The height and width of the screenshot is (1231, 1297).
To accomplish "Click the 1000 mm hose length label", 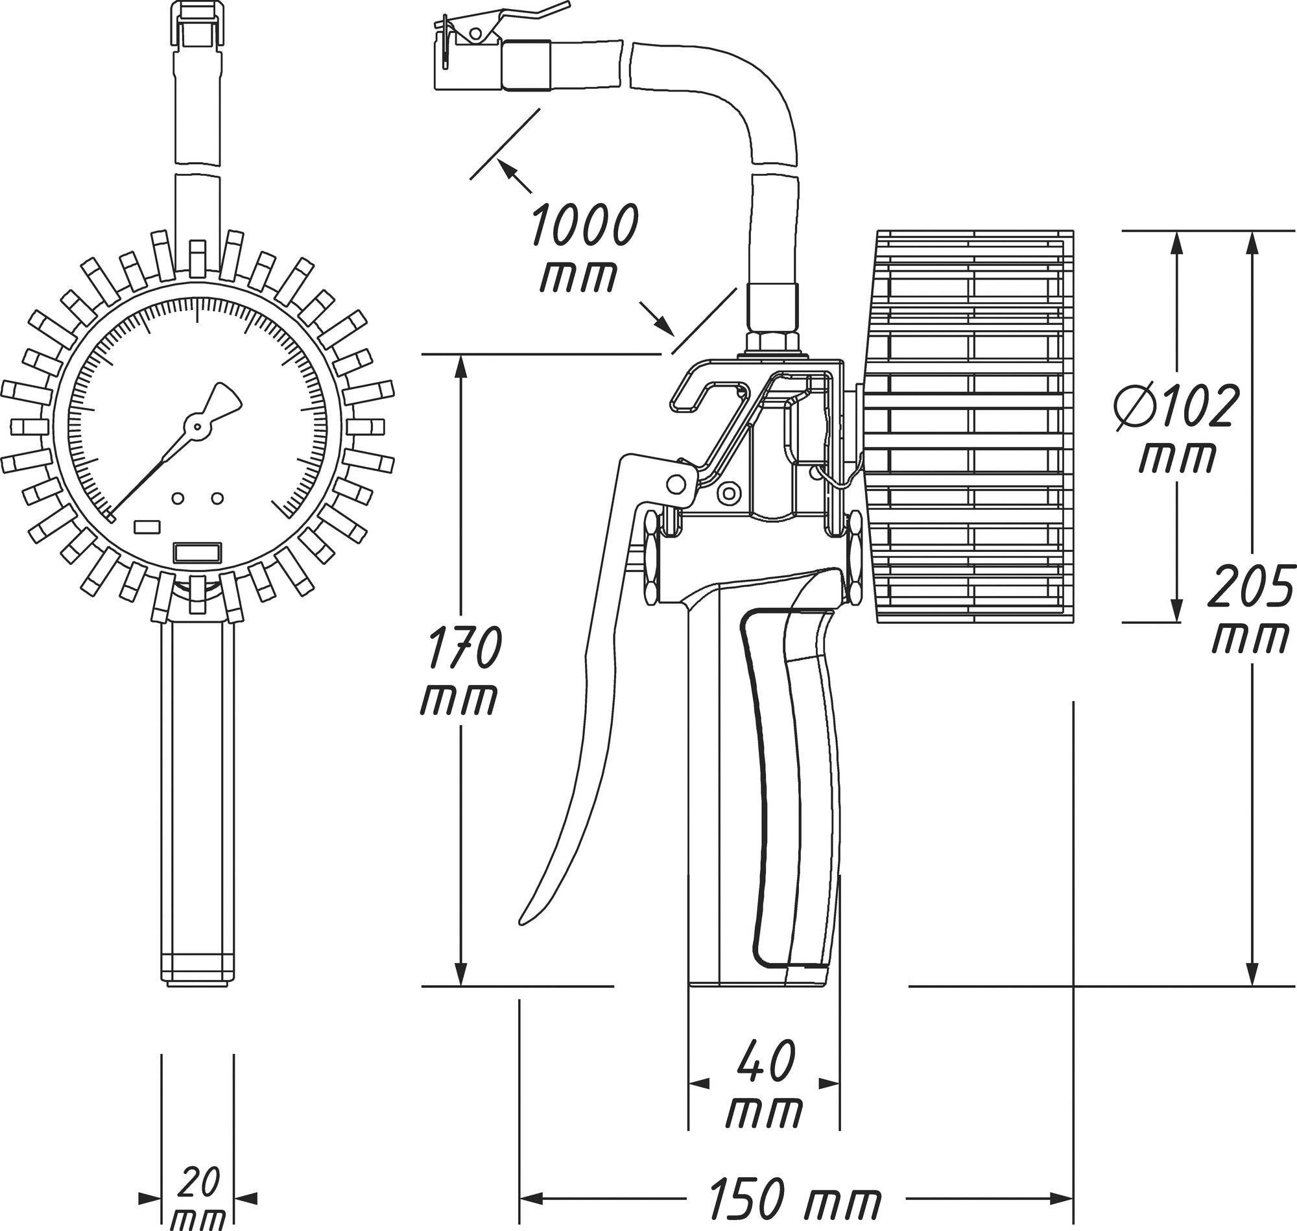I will coord(582,247).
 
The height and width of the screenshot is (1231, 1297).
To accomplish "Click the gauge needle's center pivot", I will coord(196,427).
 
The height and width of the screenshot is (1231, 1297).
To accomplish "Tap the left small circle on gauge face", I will coord(177,499).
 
